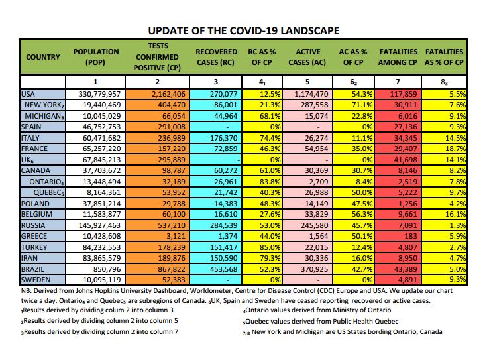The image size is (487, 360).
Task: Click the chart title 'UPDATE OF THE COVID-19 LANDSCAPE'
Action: pyautogui.click(x=244, y=30)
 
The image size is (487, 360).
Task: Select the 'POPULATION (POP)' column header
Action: pyautogui.click(x=95, y=57)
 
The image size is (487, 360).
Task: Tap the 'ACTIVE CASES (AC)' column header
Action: pyautogui.click(x=307, y=57)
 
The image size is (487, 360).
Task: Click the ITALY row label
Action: pyautogui.click(x=30, y=138)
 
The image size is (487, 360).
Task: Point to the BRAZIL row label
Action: pyautogui.click(x=32, y=269)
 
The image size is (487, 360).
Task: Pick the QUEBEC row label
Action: pyautogui.click(x=48, y=192)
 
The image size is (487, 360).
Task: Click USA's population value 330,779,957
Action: pyautogui.click(x=99, y=94)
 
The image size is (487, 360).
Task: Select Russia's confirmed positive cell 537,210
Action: pyautogui.click(x=172, y=225)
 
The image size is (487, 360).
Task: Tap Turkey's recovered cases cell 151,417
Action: pyautogui.click(x=224, y=247)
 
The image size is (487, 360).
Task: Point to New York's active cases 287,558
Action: pyautogui.click(x=314, y=105)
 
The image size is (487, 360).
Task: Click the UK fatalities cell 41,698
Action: pyautogui.click(x=406, y=160)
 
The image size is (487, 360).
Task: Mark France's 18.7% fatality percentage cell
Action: pyautogui.click(x=456, y=149)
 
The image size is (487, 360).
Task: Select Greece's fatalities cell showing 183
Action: pyautogui.click(x=411, y=236)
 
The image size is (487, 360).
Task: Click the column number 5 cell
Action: pyautogui.click(x=307, y=82)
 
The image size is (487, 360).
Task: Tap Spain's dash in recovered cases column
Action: pyautogui.click(x=228, y=127)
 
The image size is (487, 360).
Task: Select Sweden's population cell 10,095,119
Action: pyautogui.click(x=102, y=280)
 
